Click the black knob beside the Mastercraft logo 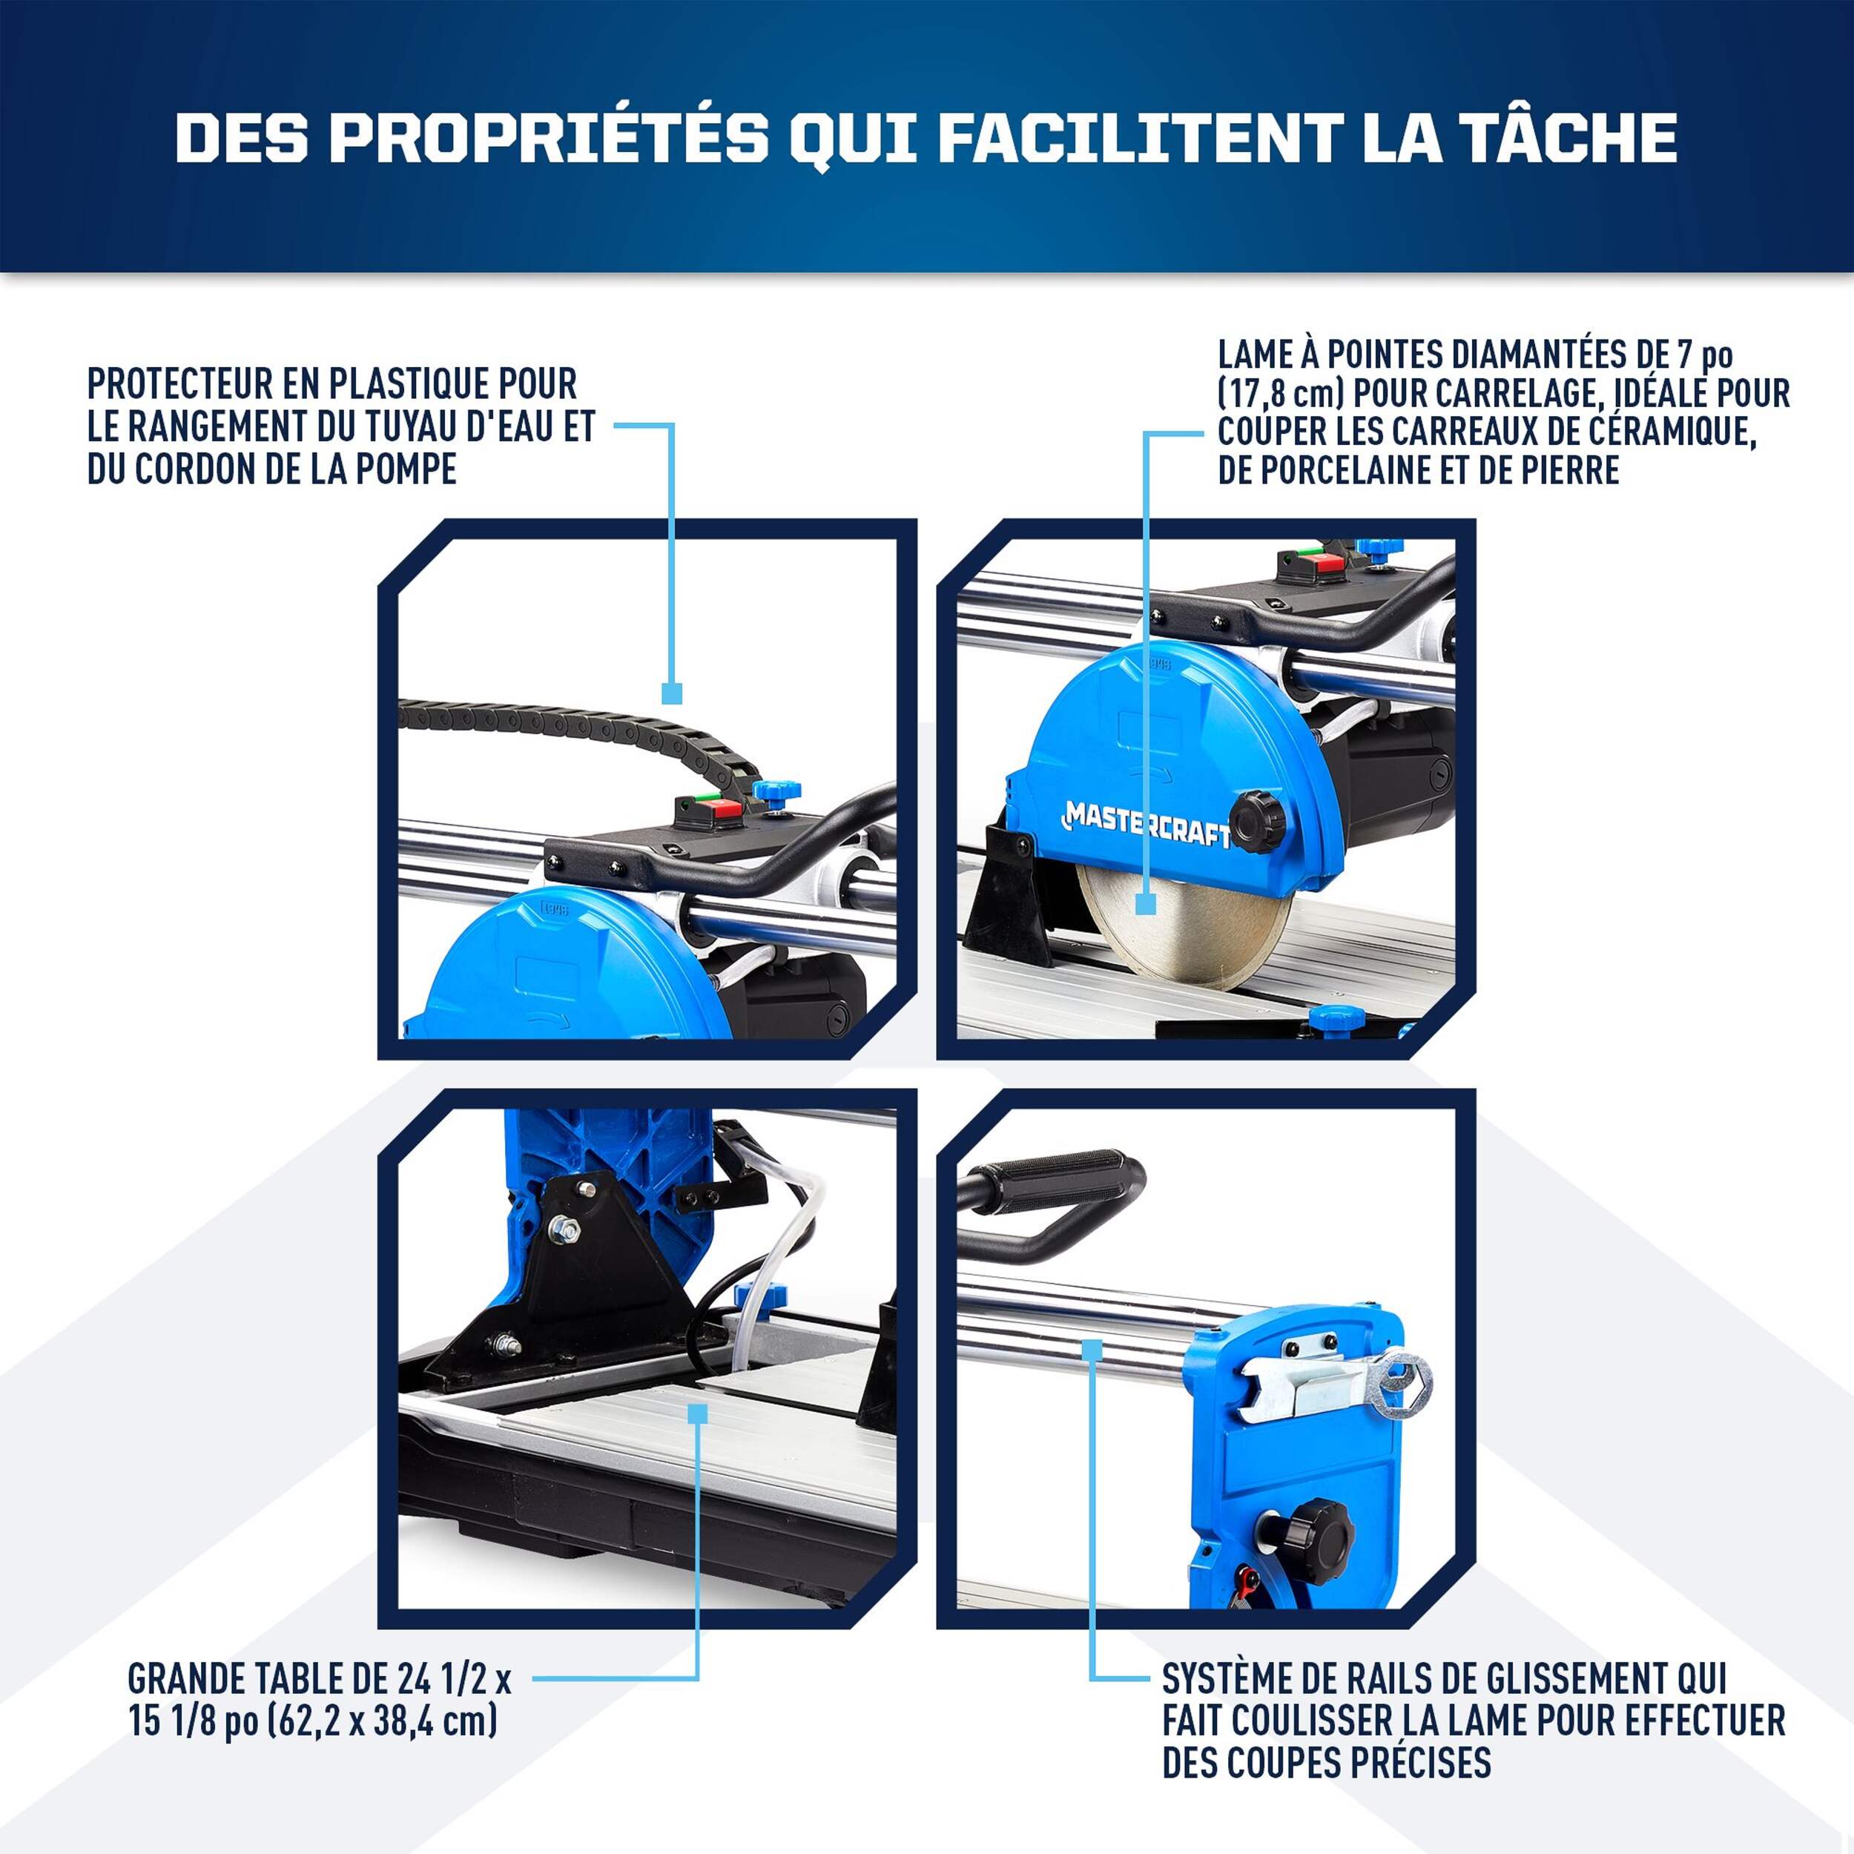[1257, 822]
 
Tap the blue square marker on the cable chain [673, 693]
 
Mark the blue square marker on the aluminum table [699, 1413]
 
